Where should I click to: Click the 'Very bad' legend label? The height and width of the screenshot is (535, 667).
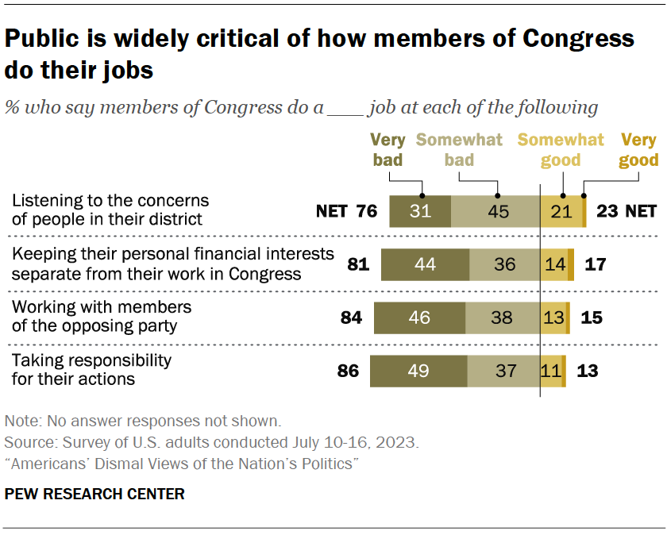pyautogui.click(x=387, y=150)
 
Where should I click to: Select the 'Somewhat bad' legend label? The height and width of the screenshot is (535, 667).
pyautogui.click(x=459, y=150)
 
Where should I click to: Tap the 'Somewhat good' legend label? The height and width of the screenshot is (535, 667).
pyautogui.click(x=561, y=150)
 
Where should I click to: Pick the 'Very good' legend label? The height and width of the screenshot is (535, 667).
pyautogui.click(x=639, y=150)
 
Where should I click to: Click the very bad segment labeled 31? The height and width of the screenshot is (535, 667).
pyautogui.click(x=420, y=211)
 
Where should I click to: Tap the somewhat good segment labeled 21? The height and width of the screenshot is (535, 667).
pyautogui.click(x=561, y=211)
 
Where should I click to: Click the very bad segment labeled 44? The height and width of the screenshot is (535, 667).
pyautogui.click(x=425, y=264)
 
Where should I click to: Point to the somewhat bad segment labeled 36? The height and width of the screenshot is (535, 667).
pyautogui.click(x=504, y=264)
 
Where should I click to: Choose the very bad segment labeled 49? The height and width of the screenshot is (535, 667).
pyautogui.click(x=418, y=371)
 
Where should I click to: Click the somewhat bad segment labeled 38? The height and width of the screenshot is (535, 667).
pyautogui.click(x=503, y=318)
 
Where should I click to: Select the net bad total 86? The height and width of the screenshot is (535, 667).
pyautogui.click(x=348, y=371)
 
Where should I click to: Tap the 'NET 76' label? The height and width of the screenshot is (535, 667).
pyautogui.click(x=345, y=211)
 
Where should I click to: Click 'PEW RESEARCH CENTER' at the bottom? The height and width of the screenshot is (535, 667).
pyautogui.click(x=94, y=494)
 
